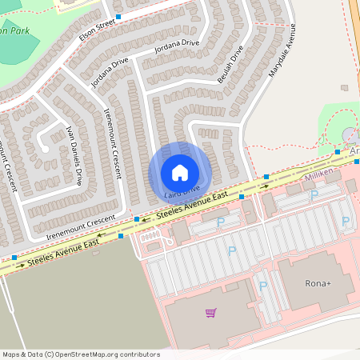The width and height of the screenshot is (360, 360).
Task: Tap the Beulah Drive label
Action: pyautogui.click(x=230, y=64)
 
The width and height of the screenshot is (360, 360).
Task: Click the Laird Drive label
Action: pyautogui.click(x=182, y=192)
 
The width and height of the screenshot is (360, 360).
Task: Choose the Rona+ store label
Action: pyautogui.click(x=318, y=282)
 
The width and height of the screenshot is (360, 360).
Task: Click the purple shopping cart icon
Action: pyautogui.click(x=210, y=313)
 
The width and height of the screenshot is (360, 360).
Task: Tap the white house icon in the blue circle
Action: pyautogui.click(x=180, y=172)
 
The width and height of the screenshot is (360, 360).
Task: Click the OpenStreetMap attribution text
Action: pyautogui.click(x=81, y=354)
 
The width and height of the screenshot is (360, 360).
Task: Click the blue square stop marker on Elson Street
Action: pyautogui.click(x=118, y=17)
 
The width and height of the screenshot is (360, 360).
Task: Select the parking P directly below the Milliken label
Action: pyautogui.click(x=314, y=194)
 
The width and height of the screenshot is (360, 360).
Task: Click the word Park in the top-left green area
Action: pyautogui.click(x=18, y=30)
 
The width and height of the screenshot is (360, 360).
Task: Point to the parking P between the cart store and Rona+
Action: pyautogui.click(x=262, y=286)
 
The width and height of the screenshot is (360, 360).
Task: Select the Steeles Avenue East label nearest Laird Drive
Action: pyautogui.click(x=193, y=206)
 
